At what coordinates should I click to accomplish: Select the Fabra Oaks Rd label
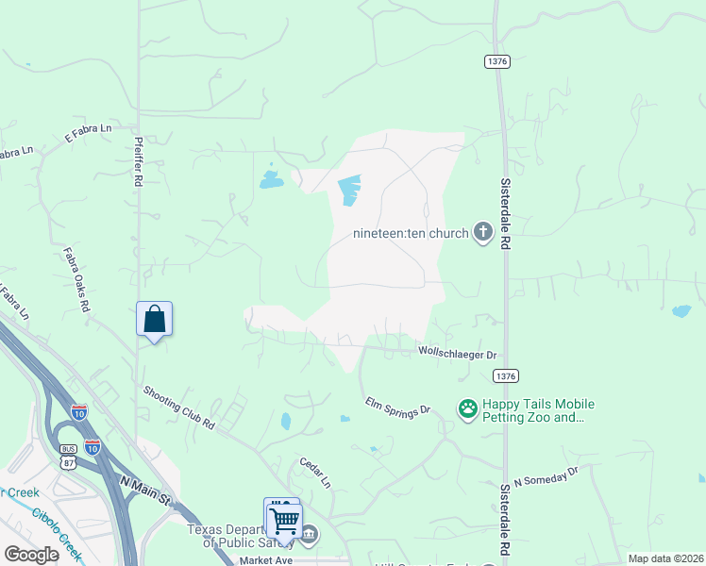click(x=77, y=279)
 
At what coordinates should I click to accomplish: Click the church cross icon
click(x=482, y=233)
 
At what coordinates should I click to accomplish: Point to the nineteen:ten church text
click(x=411, y=234)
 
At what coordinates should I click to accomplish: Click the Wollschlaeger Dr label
click(x=457, y=354)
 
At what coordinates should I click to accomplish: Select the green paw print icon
click(x=467, y=408)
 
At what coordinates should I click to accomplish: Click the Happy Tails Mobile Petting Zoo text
click(x=538, y=410)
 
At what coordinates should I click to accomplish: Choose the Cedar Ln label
click(x=315, y=473)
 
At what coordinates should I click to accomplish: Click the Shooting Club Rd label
click(x=179, y=408)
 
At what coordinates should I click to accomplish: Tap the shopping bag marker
click(x=155, y=320)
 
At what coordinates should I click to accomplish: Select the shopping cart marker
click(x=284, y=520)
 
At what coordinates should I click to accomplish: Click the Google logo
click(x=30, y=554)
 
